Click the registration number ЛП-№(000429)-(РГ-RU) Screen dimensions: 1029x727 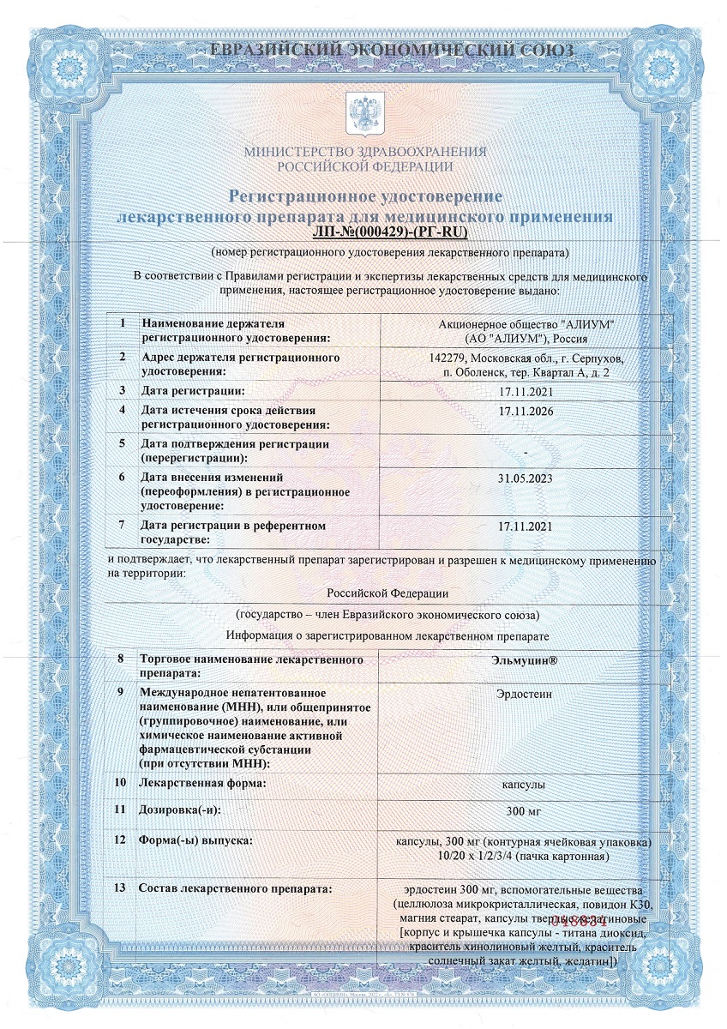(391, 232)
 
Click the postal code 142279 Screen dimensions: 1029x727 (449, 358)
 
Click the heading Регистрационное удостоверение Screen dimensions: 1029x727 (364, 196)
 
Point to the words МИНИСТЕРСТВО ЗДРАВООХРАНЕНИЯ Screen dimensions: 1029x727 (364, 152)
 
